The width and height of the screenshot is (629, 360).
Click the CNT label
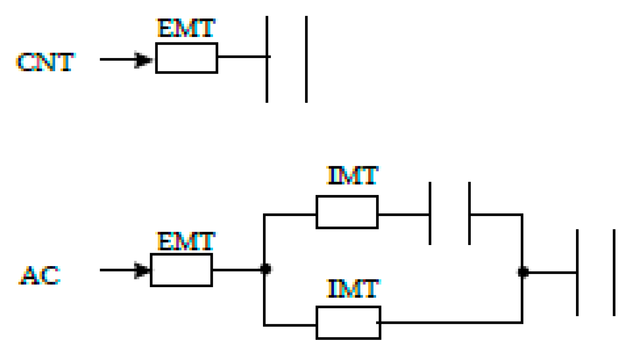(45, 62)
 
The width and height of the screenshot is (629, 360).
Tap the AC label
(40, 276)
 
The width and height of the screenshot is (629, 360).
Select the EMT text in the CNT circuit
(186, 28)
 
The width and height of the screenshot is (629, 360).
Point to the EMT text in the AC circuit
(186, 241)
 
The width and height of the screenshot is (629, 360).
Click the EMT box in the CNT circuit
(186, 58)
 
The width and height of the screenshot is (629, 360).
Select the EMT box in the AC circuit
(181, 270)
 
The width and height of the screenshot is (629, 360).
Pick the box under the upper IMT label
(347, 212)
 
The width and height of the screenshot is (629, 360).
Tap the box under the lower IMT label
(348, 323)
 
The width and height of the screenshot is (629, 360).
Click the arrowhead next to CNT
(143, 60)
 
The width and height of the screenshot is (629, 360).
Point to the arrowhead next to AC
(141, 270)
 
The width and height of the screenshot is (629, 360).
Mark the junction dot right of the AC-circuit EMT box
(265, 269)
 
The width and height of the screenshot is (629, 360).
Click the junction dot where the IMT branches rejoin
(523, 272)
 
